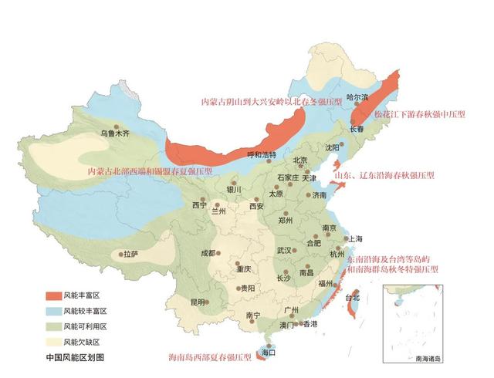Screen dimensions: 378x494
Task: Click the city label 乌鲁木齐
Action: (114, 133)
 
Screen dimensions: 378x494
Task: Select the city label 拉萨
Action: (130, 253)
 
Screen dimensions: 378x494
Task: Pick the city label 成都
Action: (208, 252)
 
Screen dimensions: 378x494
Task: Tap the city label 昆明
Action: (198, 301)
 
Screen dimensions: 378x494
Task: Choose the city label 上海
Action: (356, 239)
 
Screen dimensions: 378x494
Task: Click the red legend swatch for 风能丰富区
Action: (52, 295)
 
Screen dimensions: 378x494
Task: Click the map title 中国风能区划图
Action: (74, 357)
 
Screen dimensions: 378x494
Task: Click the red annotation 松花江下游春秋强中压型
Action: (420, 114)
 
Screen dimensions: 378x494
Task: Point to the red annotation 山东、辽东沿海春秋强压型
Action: (385, 176)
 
